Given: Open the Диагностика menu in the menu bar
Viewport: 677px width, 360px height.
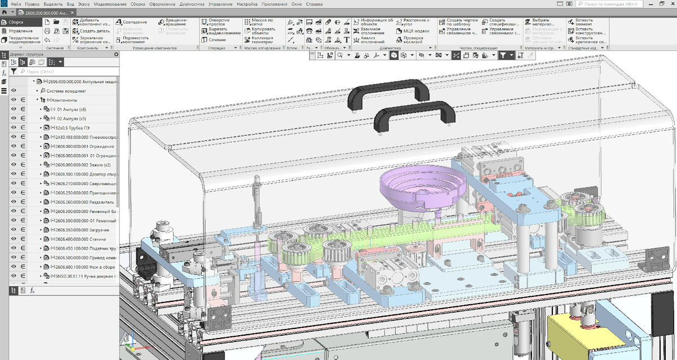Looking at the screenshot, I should tap(192, 4).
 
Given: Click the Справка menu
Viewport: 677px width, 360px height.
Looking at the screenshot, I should tap(314, 4).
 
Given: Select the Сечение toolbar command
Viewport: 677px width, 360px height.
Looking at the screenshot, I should tap(217, 40).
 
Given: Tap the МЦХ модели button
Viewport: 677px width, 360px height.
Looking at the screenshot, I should tap(415, 31).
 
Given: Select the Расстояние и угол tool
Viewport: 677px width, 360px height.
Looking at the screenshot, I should tap(416, 22).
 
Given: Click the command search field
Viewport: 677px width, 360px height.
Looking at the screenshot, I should tap(626, 4).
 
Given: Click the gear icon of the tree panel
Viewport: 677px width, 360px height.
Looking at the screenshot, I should tap(116, 55).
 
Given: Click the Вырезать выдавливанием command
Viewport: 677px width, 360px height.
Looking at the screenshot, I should tap(221, 31).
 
